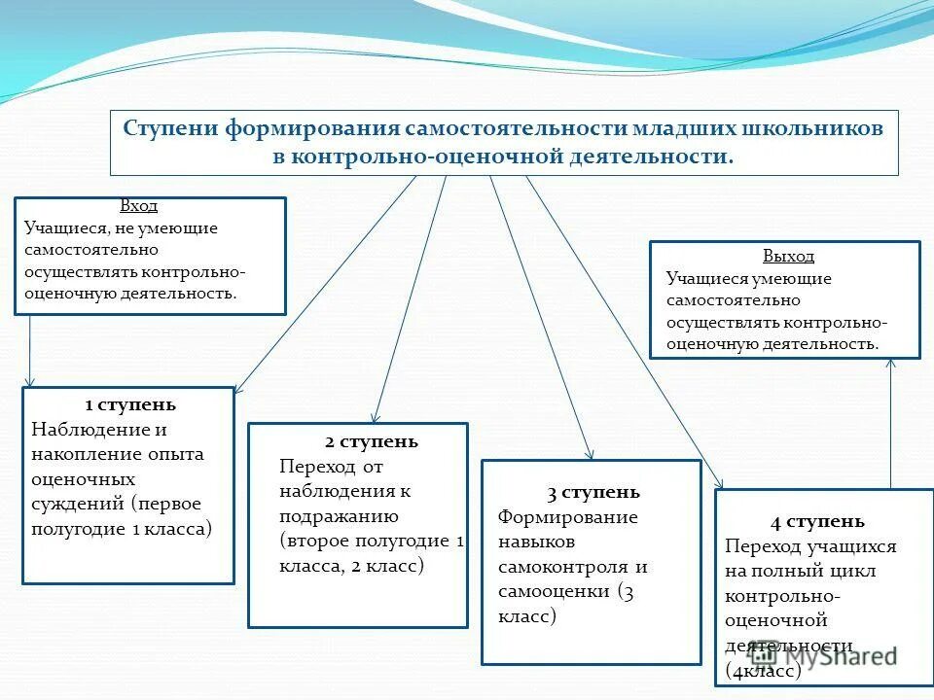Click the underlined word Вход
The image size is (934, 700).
(x=138, y=206)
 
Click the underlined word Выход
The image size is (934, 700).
(x=788, y=257)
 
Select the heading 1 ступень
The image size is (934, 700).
(x=130, y=404)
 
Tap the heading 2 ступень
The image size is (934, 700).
(x=372, y=441)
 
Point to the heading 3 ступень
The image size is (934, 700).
(x=593, y=492)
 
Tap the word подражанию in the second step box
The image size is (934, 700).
(x=339, y=516)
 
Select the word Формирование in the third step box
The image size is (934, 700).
(x=568, y=516)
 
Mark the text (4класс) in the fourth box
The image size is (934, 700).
(x=764, y=670)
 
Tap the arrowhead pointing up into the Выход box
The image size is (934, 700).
(x=891, y=364)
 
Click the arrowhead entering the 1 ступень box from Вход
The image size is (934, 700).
(x=30, y=382)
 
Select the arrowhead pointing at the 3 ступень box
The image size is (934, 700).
(x=590, y=454)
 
